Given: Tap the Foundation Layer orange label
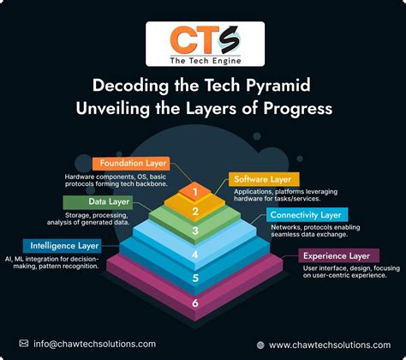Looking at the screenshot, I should pyautogui.click(x=132, y=162).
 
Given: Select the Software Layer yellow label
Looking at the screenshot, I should pyautogui.click(x=264, y=179).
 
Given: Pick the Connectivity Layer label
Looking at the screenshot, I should pyautogui.click(x=304, y=213).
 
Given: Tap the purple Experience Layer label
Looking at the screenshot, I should pyautogui.click(x=337, y=255).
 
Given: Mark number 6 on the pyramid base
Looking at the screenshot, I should pyautogui.click(x=195, y=303).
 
